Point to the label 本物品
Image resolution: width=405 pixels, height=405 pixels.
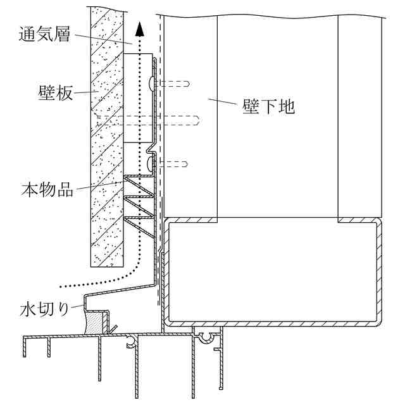click(47, 189)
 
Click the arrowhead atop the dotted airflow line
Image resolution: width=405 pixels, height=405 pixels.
click(140, 29)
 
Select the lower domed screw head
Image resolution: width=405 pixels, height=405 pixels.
click(152, 164)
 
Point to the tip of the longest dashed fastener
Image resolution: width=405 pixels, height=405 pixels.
click(199, 120)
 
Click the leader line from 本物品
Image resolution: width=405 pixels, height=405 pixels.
click(101, 185)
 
